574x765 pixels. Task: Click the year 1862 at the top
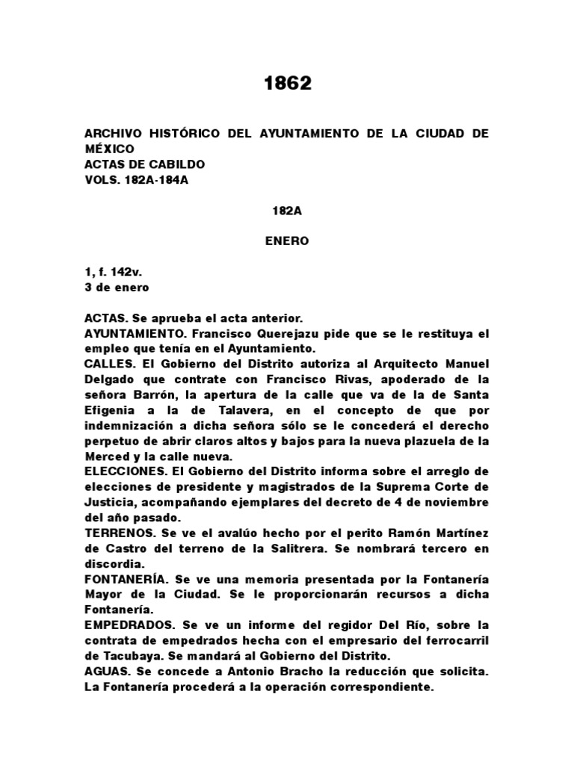click(x=287, y=84)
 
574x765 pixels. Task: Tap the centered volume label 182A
click(x=287, y=211)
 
